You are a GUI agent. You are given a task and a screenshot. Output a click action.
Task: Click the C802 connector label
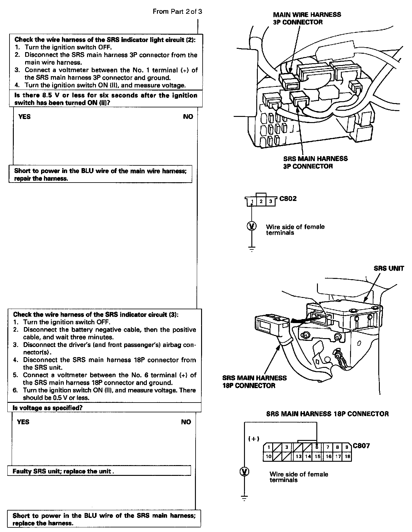(288, 199)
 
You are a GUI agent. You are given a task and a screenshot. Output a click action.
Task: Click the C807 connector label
(361, 445)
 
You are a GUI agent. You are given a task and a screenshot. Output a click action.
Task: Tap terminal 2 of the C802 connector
(261, 202)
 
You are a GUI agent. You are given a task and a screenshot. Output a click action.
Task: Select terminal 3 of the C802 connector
(270, 202)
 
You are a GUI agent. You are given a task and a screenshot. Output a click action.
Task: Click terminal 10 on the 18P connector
(268, 456)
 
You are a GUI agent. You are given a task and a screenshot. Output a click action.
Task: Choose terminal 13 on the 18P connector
(298, 456)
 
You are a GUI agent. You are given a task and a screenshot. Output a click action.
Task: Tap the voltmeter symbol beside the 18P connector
(244, 472)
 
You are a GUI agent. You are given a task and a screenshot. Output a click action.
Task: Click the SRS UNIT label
(389, 268)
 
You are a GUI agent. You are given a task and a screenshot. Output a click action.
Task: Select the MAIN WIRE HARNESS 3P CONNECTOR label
(307, 18)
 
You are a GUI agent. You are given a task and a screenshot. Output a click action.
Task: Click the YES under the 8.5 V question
(25, 117)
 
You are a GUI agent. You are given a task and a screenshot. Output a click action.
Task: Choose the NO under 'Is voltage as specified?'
(186, 422)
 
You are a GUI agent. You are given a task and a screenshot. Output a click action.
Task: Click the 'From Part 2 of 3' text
(177, 12)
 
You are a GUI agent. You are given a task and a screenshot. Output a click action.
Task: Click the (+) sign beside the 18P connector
(254, 439)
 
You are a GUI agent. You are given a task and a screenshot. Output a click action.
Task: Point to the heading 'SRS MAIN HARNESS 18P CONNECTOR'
(327, 414)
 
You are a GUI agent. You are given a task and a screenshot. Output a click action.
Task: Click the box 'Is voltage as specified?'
(104, 407)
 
